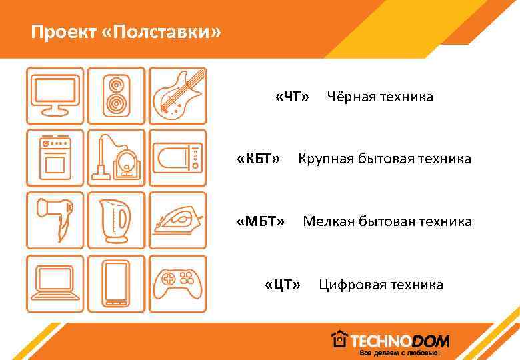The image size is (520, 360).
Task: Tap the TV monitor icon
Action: (55, 95)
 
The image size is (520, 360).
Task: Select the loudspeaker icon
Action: (116, 95)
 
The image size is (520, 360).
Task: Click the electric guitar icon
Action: (177, 95)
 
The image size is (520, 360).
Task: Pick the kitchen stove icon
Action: (55, 158)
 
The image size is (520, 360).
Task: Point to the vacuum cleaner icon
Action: (116, 158)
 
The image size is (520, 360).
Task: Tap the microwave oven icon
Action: (177, 158)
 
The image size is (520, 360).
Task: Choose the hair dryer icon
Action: (55, 220)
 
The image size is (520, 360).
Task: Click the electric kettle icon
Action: (116, 220)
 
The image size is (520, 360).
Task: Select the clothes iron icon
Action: (177, 220)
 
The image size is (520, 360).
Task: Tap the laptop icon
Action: (55, 283)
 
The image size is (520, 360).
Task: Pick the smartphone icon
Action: (116, 283)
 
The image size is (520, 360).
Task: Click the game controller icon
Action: (177, 283)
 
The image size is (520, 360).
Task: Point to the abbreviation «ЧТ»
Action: (292, 97)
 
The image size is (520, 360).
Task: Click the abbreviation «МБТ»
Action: (261, 221)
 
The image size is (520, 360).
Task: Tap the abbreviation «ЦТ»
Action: (282, 285)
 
